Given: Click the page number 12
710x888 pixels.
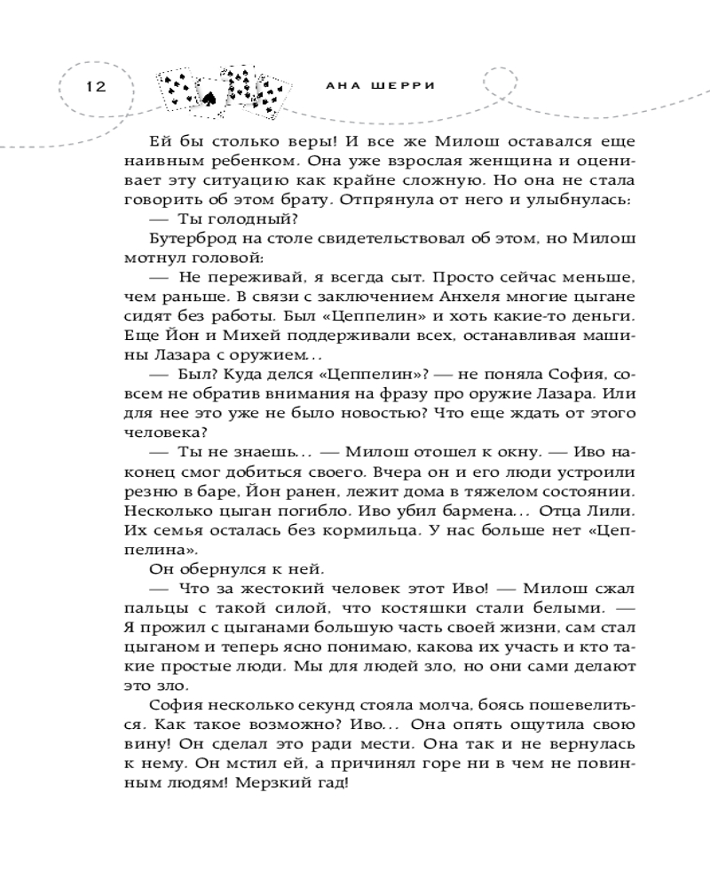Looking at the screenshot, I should click(x=95, y=86).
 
